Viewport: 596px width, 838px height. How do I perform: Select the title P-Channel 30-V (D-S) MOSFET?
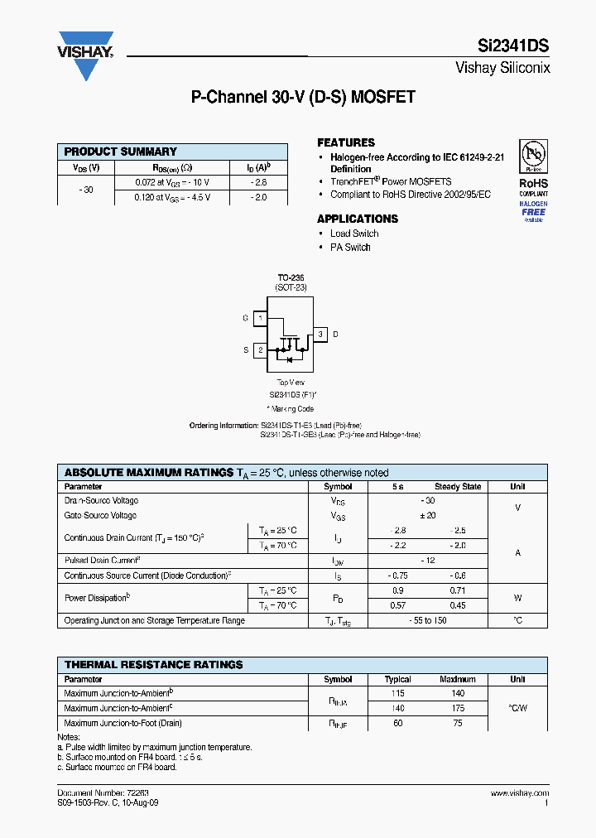(303, 97)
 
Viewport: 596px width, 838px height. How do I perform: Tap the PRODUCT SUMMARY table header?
(121, 152)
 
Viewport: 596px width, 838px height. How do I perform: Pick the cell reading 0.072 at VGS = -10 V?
(173, 181)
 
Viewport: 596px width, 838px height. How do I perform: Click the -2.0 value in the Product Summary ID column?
(258, 197)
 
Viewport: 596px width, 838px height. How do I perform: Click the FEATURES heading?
(346, 142)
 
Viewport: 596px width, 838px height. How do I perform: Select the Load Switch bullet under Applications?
(354, 234)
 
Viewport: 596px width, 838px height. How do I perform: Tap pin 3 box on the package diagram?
(320, 335)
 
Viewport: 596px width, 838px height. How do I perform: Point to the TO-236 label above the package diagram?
(291, 277)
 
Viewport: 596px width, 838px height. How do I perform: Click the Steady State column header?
(458, 487)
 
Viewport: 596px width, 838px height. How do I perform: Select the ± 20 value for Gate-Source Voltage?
(428, 515)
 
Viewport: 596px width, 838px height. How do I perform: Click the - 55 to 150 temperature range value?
(428, 620)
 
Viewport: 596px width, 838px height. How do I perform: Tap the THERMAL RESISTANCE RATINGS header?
(154, 665)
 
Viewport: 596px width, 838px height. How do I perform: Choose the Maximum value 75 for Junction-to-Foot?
(458, 723)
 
